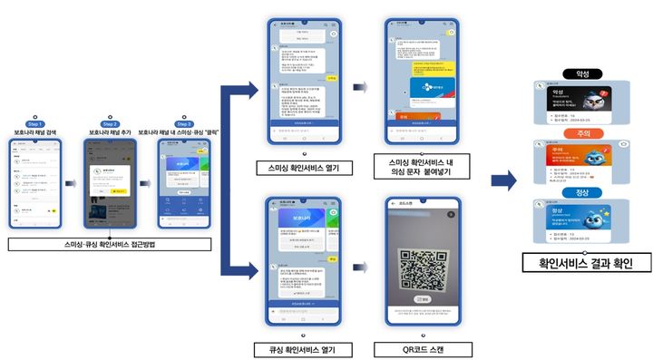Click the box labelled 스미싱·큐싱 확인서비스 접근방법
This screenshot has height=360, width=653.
[x=110, y=244]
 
